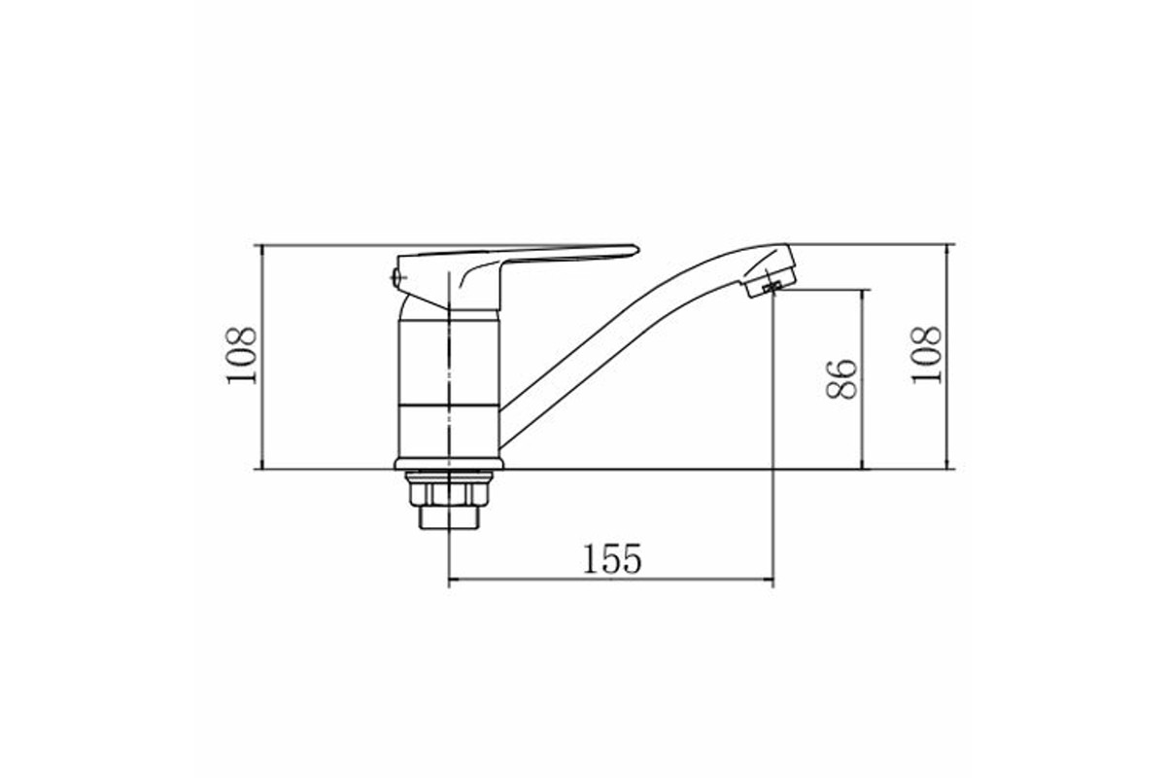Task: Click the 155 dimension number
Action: [x=612, y=559]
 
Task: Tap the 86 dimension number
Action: [x=841, y=379]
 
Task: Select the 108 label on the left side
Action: [x=242, y=356]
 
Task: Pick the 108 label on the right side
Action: [x=927, y=356]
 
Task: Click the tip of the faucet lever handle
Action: [x=638, y=249]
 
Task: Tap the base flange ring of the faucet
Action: [x=449, y=464]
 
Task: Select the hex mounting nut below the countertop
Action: [x=449, y=490]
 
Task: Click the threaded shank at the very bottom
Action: [x=449, y=518]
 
